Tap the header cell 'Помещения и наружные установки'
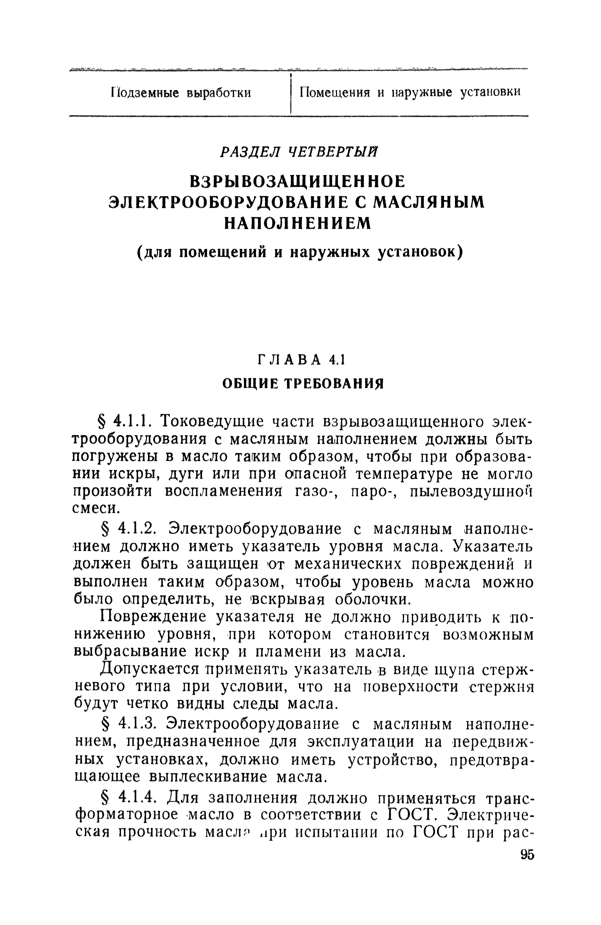(410, 92)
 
